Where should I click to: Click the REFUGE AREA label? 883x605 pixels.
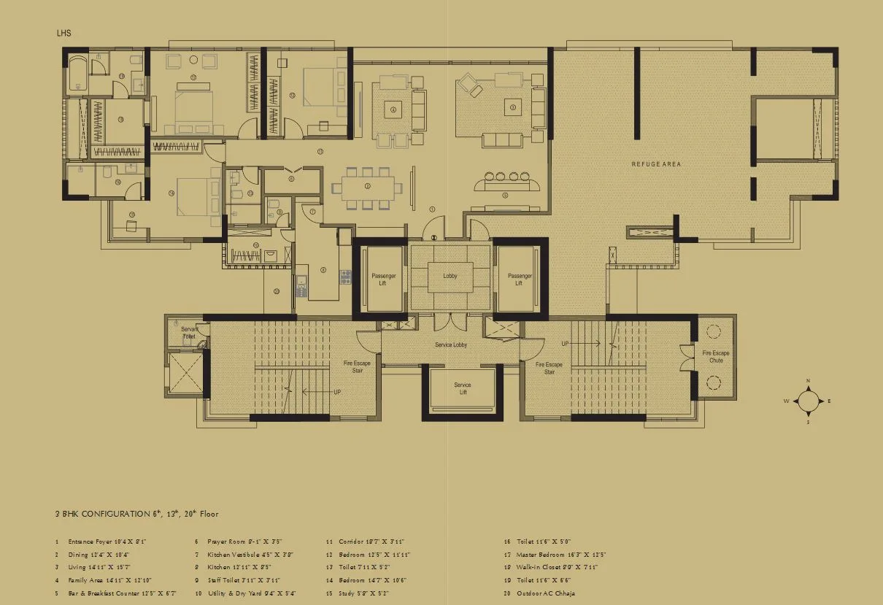click(x=655, y=164)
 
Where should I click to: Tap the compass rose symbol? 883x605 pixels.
click(x=808, y=401)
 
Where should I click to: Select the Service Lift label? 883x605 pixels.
click(x=463, y=388)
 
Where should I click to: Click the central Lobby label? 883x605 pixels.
click(x=450, y=277)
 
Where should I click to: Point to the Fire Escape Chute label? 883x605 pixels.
click(x=716, y=356)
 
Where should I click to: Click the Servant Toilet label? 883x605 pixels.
click(x=189, y=333)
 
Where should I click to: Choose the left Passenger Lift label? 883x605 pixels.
click(x=383, y=280)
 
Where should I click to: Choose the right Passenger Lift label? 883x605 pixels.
click(x=520, y=280)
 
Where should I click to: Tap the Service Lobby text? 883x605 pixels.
click(x=451, y=344)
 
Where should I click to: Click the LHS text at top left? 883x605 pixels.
click(x=63, y=34)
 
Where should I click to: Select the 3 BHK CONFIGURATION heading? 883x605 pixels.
click(x=136, y=514)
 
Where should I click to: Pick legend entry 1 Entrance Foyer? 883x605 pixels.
click(x=102, y=542)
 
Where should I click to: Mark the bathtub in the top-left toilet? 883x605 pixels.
click(x=78, y=77)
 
